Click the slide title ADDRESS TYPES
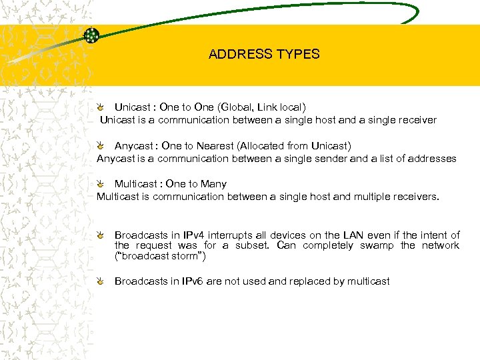[264, 55]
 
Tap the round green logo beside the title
[91, 35]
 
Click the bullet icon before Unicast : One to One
[99, 107]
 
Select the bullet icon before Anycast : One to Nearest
[99, 145]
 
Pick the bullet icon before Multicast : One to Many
[99, 183]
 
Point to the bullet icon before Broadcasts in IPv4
[99, 235]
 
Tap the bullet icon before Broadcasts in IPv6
[99, 281]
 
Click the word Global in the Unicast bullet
[238, 107]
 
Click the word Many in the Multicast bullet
[213, 183]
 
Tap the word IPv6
[190, 281]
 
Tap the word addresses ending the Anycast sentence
[431, 159]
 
